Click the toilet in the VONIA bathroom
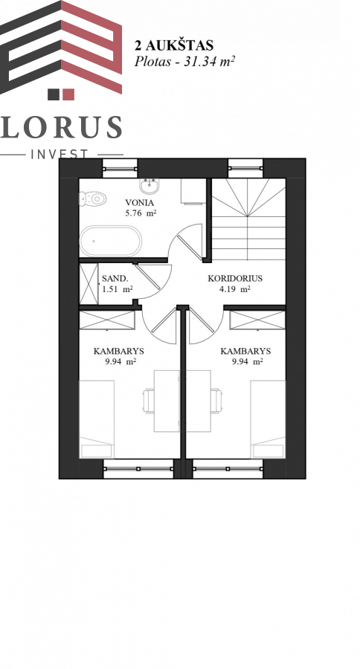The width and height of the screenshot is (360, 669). pos(91,198)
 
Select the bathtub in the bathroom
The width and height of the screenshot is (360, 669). pos(111,241)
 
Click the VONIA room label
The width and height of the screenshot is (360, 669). pos(139,203)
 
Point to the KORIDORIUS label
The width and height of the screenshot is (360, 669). pos(235,279)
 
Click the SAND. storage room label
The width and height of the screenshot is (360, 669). pos(115,279)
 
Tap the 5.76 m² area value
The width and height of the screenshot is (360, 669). pos(141,213)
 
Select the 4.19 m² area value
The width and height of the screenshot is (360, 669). pos(234,289)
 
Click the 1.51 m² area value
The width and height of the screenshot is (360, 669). pos(117,289)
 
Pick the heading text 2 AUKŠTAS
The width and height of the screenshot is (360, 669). pos(174,45)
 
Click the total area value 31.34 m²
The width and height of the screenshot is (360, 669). pos(209,62)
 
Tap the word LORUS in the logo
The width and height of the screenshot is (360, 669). pos(61,127)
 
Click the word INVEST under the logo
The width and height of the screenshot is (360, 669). pos(60,154)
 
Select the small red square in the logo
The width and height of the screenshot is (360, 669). pos(68,94)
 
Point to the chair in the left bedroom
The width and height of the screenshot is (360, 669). pos(148,401)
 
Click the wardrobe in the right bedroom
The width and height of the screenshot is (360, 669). pos(257,320)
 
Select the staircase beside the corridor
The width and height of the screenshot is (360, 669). pos(248,219)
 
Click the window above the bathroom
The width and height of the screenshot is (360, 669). pos(120,168)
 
